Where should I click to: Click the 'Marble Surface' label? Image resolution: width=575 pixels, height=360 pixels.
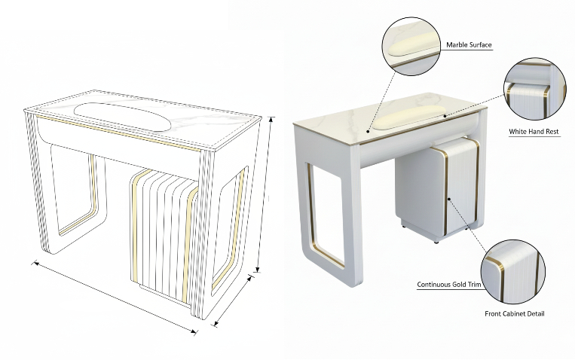click(469, 45)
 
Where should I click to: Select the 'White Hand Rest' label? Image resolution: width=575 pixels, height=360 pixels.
click(534, 132)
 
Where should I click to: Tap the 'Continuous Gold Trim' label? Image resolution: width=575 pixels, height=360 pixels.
click(449, 285)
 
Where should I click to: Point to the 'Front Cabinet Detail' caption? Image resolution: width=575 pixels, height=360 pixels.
click(515, 314)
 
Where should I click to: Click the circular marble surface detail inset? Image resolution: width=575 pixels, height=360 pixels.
click(411, 46)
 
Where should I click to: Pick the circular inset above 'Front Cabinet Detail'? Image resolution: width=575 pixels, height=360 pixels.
click(512, 272)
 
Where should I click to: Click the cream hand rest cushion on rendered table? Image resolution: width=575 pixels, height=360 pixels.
click(408, 117)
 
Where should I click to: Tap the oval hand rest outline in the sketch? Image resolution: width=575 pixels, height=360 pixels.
click(123, 117)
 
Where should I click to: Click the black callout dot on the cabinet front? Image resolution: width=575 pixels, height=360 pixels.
click(450, 199)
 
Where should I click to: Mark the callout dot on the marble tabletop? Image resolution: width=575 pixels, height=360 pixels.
click(368, 131)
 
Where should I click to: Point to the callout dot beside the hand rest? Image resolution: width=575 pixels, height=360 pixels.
click(445, 116)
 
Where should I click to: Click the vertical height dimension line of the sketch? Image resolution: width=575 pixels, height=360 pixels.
click(265, 194)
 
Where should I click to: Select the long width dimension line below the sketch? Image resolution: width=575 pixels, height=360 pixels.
click(115, 297)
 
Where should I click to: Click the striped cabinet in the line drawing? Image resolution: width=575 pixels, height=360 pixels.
click(164, 236)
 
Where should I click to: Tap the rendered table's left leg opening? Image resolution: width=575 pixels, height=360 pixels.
click(326, 215)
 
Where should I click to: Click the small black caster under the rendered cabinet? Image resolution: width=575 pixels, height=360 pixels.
click(436, 242)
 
